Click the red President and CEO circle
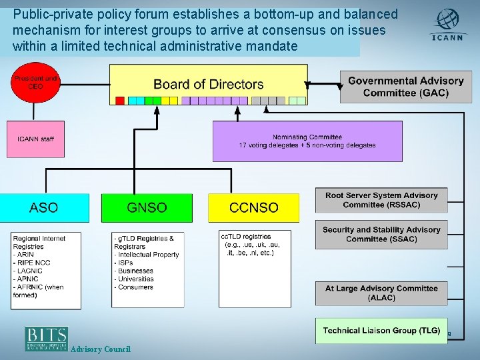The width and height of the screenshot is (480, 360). click(x=35, y=88)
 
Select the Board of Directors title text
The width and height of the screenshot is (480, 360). click(x=209, y=85)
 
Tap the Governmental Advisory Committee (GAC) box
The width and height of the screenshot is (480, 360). click(x=405, y=87)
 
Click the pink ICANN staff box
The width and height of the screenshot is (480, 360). click(x=35, y=139)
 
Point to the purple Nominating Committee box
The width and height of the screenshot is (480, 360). click(x=307, y=141)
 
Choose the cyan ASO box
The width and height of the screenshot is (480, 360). click(x=44, y=208)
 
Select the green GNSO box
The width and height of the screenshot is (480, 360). click(x=147, y=208)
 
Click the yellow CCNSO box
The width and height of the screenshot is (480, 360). click(x=253, y=208)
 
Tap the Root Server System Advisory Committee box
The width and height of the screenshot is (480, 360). click(x=381, y=200)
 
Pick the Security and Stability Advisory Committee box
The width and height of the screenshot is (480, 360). click(x=381, y=234)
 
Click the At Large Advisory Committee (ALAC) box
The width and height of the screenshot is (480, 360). click(x=381, y=293)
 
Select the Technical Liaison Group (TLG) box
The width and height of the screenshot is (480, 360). click(x=381, y=331)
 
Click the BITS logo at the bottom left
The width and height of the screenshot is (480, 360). click(x=47, y=339)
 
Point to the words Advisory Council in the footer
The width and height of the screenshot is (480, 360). click(x=101, y=349)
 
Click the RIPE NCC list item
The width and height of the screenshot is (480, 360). click(x=33, y=263)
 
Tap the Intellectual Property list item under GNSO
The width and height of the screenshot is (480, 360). click(x=147, y=255)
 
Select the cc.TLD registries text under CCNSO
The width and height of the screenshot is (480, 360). click(x=247, y=237)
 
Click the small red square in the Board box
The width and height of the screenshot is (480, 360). click(x=120, y=101)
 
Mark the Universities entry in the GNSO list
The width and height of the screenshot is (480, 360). click(x=136, y=279)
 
